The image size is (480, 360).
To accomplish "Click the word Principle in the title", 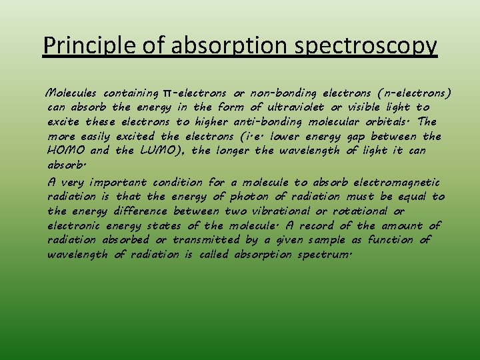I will [81, 45].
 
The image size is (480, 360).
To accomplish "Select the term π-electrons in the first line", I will [192, 93].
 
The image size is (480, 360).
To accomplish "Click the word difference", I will [137, 211].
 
